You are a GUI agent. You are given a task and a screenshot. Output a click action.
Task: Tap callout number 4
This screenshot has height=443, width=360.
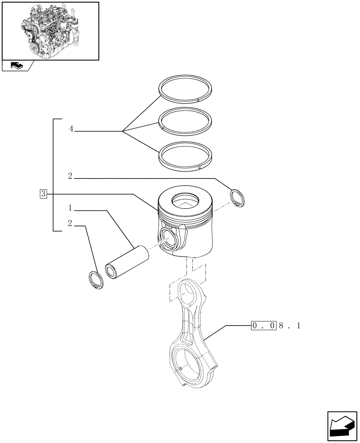(x=71, y=129)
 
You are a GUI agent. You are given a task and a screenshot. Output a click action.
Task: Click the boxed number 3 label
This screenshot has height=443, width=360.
(x=43, y=193)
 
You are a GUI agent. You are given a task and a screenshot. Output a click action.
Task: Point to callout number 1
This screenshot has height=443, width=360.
(x=70, y=208)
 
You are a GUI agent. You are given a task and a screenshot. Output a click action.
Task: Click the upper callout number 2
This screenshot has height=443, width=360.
(x=70, y=176)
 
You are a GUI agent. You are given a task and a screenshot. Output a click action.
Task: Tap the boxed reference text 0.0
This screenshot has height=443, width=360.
(x=264, y=326)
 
